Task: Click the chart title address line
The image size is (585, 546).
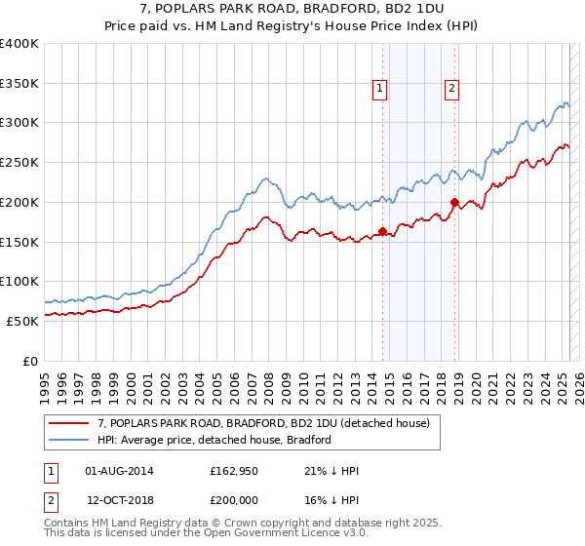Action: pyautogui.click(x=292, y=10)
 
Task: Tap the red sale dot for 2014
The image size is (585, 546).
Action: pyautogui.click(x=382, y=231)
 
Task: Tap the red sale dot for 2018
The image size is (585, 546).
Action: pyautogui.click(x=454, y=202)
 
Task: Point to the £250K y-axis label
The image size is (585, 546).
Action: pyautogui.click(x=19, y=162)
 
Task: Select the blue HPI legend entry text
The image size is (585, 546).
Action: pyautogui.click(x=214, y=440)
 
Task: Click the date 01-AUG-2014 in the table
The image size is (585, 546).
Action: pyautogui.click(x=119, y=472)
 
